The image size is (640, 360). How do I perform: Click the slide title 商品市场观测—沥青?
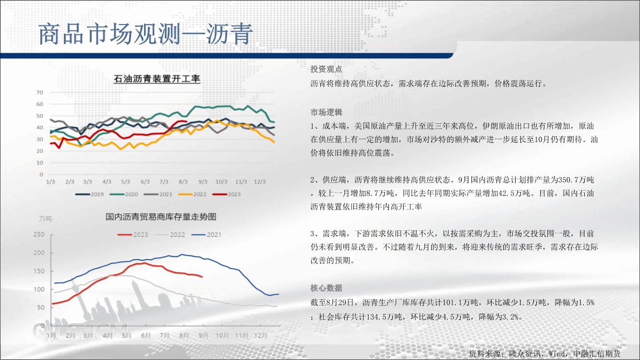tap(145, 34)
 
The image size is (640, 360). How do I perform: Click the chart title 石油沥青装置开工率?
tap(157, 79)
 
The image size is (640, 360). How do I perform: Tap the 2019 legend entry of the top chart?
tap(89, 194)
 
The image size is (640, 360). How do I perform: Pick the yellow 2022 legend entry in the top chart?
tap(192, 194)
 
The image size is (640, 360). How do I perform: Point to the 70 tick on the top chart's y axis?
tap(40, 93)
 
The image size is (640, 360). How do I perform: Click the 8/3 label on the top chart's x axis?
tap(183, 182)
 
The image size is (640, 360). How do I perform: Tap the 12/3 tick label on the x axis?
tap(260, 182)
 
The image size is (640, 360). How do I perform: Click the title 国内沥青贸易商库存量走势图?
tap(161, 217)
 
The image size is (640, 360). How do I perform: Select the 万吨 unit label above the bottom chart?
tap(46, 219)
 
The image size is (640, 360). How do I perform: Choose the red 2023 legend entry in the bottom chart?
tap(133, 235)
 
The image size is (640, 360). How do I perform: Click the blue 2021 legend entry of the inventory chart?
tap(206, 235)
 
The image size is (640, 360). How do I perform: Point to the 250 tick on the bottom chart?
tap(39, 234)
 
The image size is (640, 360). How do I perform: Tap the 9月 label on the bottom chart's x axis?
tap(203, 335)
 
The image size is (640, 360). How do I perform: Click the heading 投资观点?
tap(326, 69)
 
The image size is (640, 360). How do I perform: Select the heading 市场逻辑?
tap(326, 112)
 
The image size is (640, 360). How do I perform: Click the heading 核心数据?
tap(326, 288)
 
